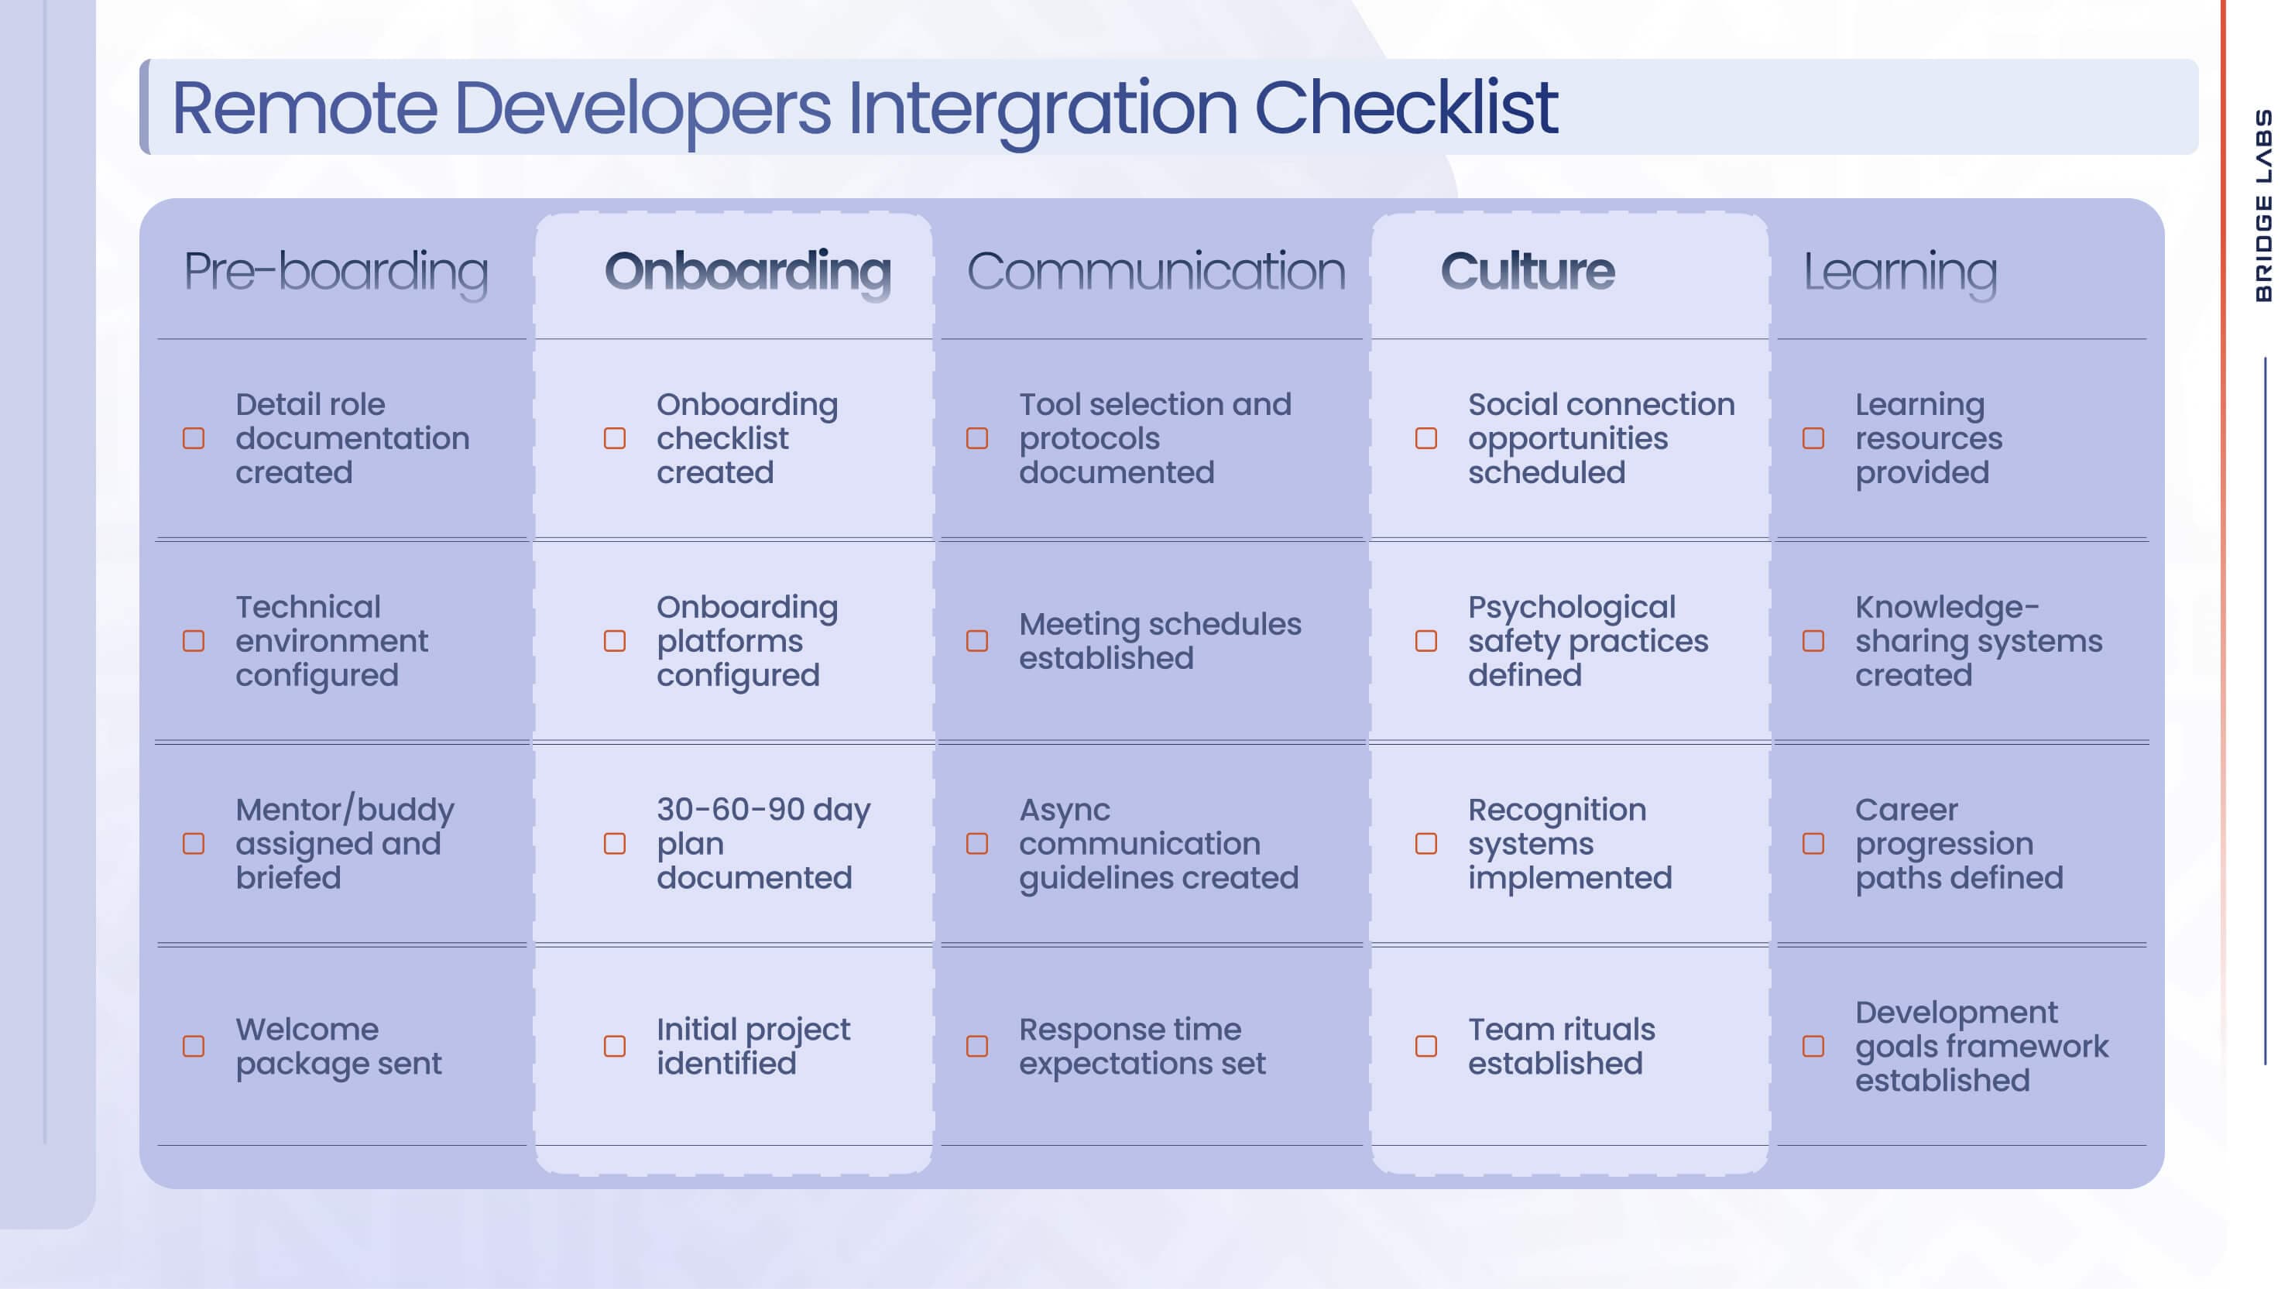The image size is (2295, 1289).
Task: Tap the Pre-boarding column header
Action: click(x=335, y=271)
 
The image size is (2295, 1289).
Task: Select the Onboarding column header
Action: click(x=746, y=271)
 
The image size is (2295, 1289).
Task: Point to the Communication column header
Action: click(x=1155, y=271)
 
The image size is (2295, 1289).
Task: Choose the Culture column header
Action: click(x=1526, y=271)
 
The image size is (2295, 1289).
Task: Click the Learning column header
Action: click(x=1899, y=271)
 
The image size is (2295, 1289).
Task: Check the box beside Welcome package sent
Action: click(x=194, y=1046)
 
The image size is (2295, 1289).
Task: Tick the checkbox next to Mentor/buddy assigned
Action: click(x=194, y=844)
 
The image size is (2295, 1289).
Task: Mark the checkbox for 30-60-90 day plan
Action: click(x=615, y=844)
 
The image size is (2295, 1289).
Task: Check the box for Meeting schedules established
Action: click(x=977, y=641)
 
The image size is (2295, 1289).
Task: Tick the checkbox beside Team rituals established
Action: click(x=1426, y=1046)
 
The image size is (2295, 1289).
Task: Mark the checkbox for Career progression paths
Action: click(x=1813, y=844)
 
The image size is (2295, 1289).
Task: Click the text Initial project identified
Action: click(x=753, y=1046)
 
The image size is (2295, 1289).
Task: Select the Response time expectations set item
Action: click(x=1141, y=1046)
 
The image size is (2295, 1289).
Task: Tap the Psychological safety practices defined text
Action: click(x=1587, y=641)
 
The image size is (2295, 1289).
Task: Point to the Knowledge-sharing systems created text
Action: click(x=1978, y=641)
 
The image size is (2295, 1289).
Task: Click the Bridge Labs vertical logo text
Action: click(x=2263, y=205)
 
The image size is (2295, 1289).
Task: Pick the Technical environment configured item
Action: click(x=331, y=641)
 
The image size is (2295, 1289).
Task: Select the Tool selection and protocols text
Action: click(x=1154, y=438)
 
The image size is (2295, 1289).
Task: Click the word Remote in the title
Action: click(x=304, y=108)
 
